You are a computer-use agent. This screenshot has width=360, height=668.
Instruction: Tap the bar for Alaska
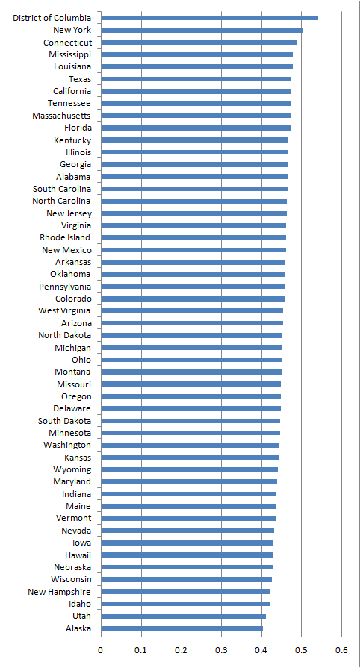[181, 628]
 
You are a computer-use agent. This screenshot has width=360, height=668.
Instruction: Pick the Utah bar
[184, 616]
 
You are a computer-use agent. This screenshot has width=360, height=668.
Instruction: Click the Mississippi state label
[69, 54]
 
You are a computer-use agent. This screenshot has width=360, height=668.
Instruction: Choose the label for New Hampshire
[59, 591]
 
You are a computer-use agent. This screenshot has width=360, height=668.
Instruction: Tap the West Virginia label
[64, 310]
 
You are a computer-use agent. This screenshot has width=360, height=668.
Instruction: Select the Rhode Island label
[65, 237]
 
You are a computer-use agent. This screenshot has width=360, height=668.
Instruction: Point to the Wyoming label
[72, 469]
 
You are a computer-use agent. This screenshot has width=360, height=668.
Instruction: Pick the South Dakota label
[64, 421]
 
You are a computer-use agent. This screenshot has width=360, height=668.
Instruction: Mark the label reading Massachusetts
[62, 116]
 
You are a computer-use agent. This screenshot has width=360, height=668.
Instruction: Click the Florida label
[78, 128]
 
